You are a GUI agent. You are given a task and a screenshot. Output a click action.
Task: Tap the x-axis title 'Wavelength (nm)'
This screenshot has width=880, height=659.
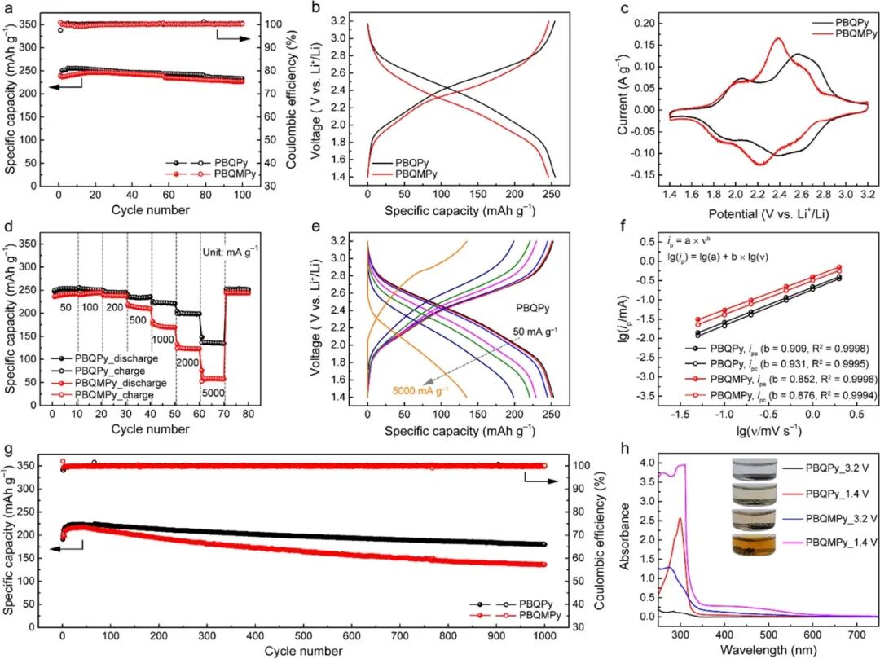pyautogui.click(x=759, y=650)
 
